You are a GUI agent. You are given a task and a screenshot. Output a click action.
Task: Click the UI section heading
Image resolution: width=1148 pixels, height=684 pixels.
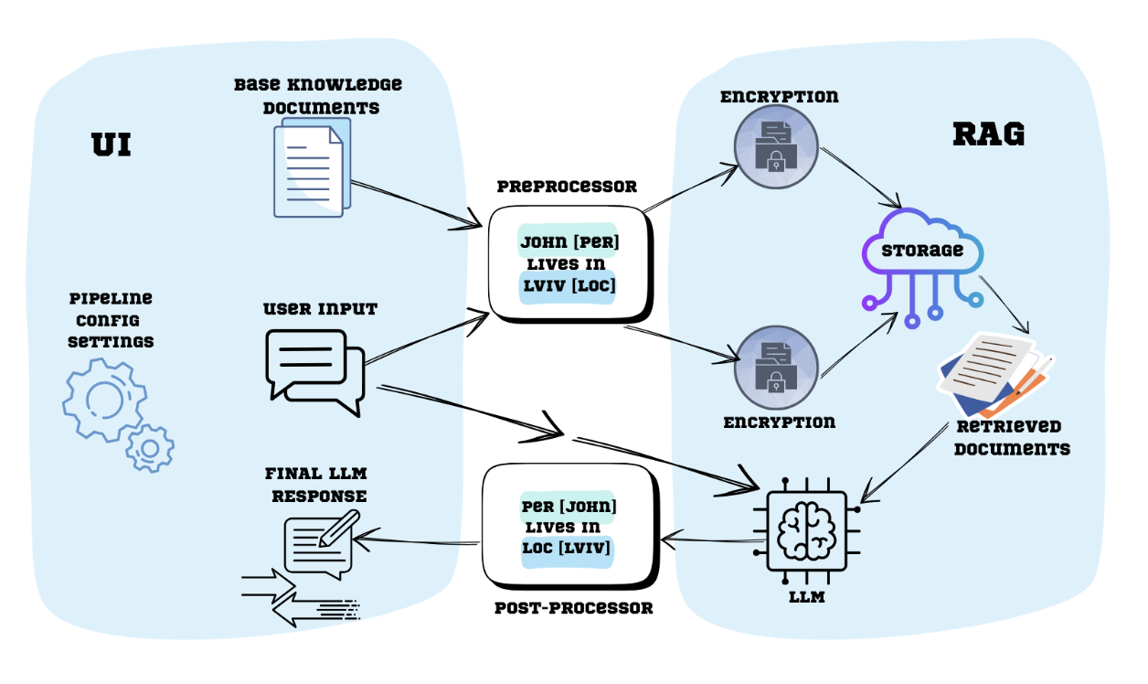coord(111,144)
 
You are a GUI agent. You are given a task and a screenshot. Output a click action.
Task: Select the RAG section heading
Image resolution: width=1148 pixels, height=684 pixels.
coord(988,134)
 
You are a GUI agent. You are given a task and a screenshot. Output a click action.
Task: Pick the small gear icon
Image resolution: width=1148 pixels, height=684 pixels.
coord(150,448)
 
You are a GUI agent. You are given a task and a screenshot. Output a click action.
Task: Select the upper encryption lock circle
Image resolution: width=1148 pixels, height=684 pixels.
coord(775,147)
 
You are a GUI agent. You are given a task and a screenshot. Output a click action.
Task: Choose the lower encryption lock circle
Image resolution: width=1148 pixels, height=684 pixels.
coord(775,367)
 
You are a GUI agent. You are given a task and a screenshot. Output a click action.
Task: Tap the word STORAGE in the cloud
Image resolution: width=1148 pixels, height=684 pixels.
coord(921,251)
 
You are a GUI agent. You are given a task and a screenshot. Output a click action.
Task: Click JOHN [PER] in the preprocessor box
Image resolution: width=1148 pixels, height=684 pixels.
coord(569,243)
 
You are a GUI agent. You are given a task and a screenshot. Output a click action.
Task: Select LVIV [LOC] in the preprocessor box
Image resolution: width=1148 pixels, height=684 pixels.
coord(569,286)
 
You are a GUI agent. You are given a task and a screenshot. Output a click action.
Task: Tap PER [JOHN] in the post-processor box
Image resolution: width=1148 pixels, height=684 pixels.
coord(569,506)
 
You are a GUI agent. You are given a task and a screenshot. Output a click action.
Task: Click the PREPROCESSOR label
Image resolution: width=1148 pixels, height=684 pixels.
coord(567,187)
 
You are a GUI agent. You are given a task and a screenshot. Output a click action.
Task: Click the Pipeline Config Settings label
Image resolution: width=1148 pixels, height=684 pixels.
coord(111,320)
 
